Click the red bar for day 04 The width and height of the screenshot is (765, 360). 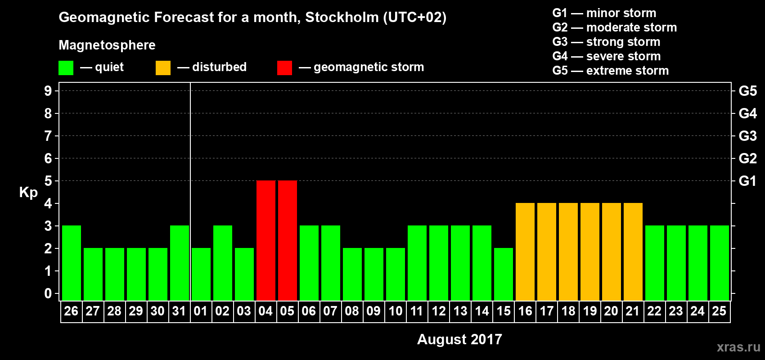265,240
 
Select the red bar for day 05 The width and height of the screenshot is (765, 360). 287,240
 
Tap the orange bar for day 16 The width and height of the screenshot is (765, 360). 525,252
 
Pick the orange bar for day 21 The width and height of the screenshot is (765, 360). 633,252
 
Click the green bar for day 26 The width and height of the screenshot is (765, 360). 71,263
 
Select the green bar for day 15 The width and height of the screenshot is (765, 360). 503,274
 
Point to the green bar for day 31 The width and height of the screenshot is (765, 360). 179,263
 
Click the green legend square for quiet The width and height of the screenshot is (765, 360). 66,68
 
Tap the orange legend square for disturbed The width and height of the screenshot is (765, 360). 163,68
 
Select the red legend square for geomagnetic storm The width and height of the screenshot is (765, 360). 284,68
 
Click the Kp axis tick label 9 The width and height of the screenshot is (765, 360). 48,91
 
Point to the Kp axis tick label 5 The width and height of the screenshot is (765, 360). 48,181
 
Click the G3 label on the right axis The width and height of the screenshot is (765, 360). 747,136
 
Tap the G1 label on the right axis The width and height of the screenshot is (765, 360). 747,181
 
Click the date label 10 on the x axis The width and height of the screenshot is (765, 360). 395,311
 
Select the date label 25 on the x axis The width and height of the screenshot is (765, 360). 719,311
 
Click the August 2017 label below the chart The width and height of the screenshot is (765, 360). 459,339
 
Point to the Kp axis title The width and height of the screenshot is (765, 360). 28,192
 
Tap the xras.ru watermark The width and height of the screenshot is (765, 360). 738,347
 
